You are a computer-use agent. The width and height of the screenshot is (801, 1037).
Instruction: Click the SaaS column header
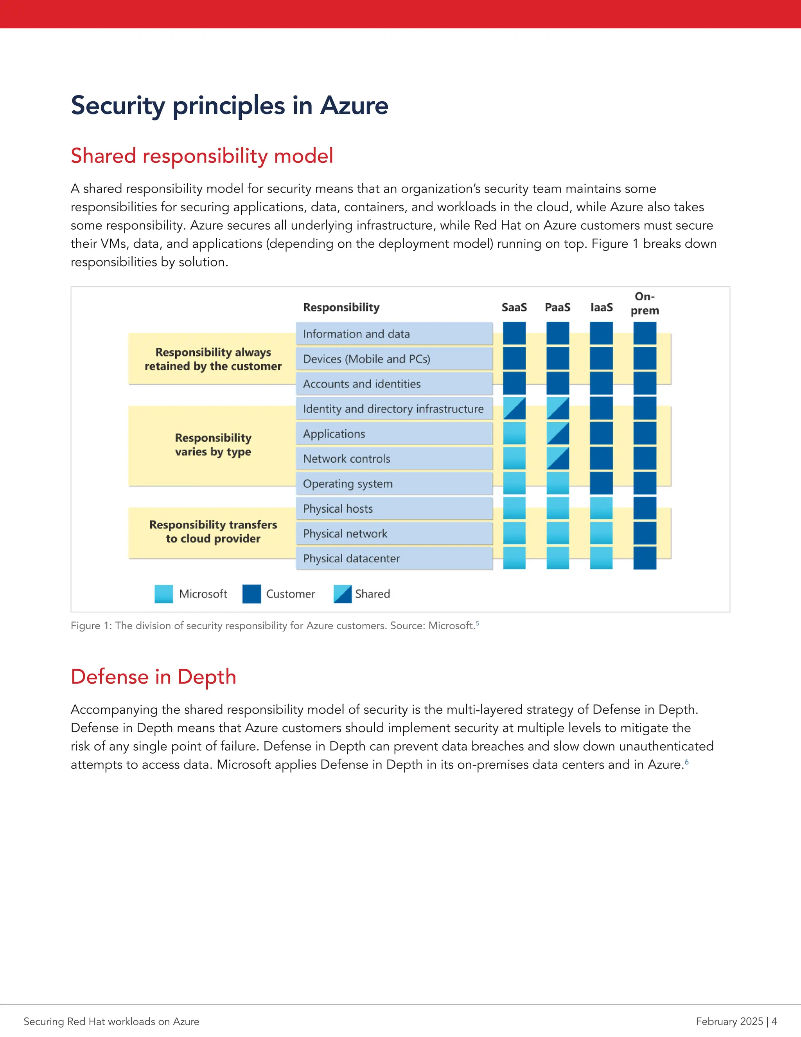click(x=514, y=307)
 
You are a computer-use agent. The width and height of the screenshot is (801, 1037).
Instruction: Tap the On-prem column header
click(x=645, y=303)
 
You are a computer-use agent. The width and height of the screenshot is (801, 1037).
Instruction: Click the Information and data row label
click(x=356, y=334)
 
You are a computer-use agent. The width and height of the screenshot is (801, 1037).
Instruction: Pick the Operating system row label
click(x=348, y=484)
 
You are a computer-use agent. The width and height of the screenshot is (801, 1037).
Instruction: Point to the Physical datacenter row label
click(x=351, y=558)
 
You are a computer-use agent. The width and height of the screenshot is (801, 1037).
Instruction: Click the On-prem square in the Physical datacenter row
click(x=645, y=558)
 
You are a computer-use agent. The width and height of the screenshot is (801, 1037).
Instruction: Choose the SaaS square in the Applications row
click(x=514, y=434)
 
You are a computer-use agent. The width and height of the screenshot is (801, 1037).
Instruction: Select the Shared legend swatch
click(x=343, y=594)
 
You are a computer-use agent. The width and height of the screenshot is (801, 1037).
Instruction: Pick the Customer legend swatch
click(x=251, y=594)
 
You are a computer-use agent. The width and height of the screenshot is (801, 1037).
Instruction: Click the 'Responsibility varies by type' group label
click(x=213, y=445)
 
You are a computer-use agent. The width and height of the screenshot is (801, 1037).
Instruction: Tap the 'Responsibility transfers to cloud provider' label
click(x=213, y=531)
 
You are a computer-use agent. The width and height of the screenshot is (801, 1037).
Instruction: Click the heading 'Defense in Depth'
click(x=153, y=676)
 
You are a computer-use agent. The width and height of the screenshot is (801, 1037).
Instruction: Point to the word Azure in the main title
click(x=354, y=105)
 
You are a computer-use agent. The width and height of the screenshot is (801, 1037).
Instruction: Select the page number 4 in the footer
click(x=774, y=1021)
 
